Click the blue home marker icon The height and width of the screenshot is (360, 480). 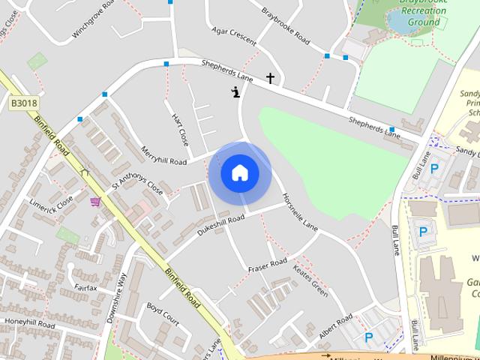(x=240, y=173)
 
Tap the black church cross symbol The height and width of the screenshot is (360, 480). (x=270, y=78)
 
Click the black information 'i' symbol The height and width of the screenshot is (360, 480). (x=236, y=93)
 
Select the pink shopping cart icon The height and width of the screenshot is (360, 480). (x=95, y=201)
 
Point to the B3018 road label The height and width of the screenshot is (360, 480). (x=24, y=102)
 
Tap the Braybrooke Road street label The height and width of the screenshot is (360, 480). (x=285, y=26)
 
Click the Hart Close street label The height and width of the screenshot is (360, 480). (x=180, y=130)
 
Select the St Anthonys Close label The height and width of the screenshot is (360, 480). (x=136, y=186)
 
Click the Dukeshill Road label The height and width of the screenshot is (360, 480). (x=220, y=226)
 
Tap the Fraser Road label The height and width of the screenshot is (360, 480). (x=268, y=265)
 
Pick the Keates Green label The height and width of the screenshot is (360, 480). (x=310, y=279)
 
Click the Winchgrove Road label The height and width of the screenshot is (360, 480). (x=94, y=20)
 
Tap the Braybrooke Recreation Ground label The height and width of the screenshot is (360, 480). (x=424, y=13)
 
